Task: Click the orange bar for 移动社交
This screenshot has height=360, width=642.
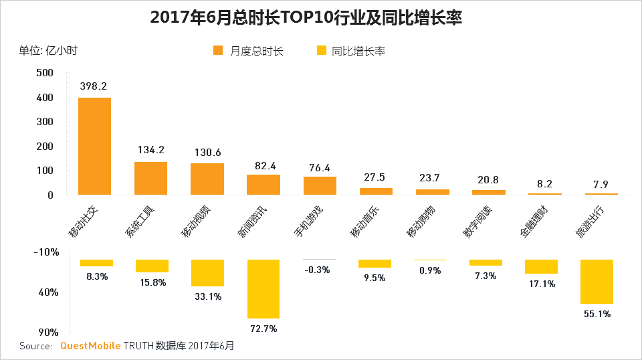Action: tap(94, 146)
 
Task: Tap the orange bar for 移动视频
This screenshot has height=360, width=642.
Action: tap(207, 179)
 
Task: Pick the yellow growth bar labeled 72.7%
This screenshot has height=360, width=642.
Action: tap(263, 288)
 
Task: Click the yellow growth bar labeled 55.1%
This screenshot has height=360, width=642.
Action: tap(597, 282)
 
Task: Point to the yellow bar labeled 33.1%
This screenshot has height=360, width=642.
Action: tap(207, 273)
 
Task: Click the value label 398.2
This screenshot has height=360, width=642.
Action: tap(94, 86)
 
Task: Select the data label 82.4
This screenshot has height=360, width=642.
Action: tap(263, 164)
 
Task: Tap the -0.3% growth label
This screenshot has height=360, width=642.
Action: tap(318, 270)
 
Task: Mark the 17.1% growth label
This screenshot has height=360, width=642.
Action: tap(541, 284)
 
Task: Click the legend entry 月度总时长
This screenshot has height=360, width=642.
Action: tap(249, 52)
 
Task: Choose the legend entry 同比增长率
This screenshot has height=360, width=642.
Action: tap(350, 52)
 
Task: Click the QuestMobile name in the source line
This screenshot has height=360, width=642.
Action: tap(91, 346)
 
